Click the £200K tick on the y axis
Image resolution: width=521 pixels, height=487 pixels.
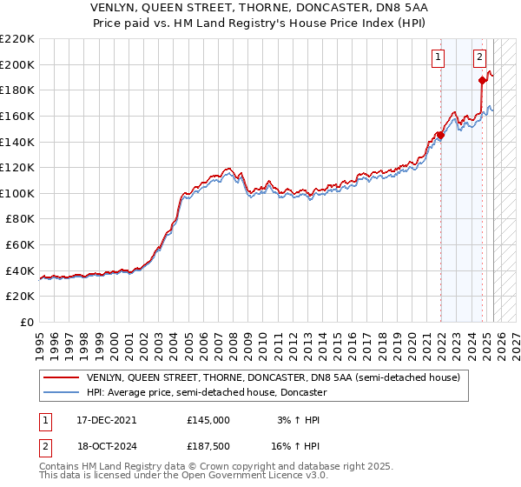click(17, 64)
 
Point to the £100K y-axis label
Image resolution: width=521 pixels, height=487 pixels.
click(17, 193)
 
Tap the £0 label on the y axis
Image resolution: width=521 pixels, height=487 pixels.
click(26, 322)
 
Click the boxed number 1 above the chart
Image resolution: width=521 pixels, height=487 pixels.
click(438, 58)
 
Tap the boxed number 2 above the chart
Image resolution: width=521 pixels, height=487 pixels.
click(479, 58)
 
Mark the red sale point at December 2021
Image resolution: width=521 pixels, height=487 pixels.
click(440, 136)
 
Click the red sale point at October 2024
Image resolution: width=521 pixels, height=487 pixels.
click(482, 81)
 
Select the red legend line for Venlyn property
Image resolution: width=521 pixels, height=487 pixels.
click(60, 378)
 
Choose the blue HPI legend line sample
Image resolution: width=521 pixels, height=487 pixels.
click(60, 392)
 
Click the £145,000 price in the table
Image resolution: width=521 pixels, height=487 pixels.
click(208, 420)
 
